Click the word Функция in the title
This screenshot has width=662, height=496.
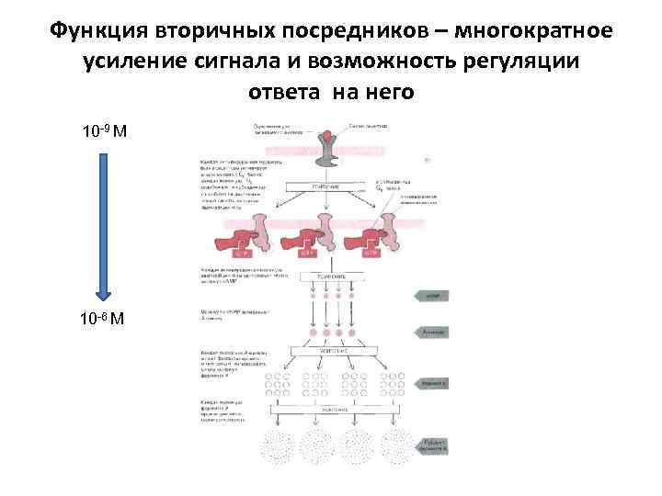(93, 31)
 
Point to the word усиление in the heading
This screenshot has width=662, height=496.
(135, 62)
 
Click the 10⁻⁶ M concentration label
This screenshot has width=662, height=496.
(105, 320)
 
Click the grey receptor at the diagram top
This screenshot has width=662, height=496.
(327, 151)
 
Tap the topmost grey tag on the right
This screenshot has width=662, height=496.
(433, 296)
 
